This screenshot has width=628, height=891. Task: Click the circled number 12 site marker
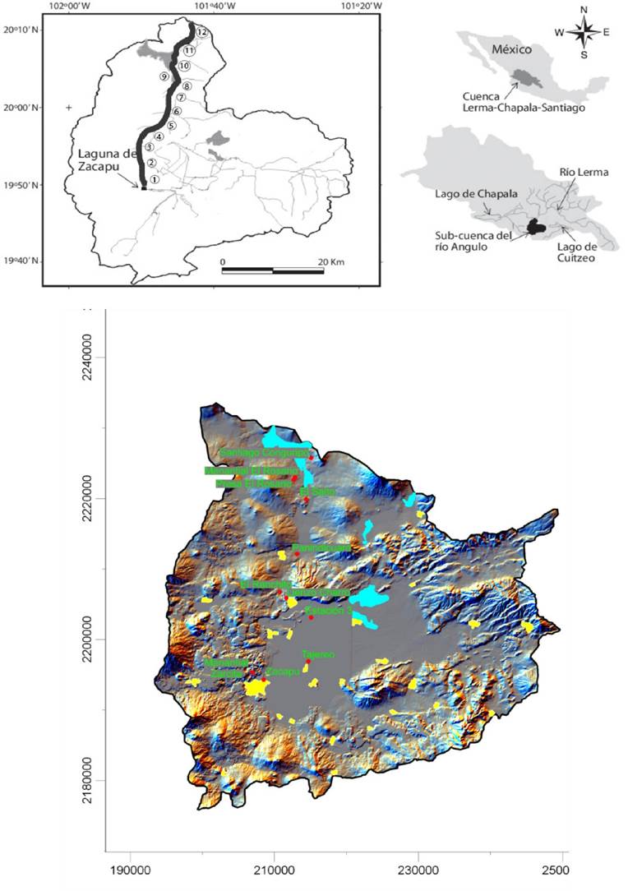tap(201, 32)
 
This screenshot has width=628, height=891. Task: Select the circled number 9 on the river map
tap(164, 76)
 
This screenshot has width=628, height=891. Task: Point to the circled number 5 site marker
tap(171, 126)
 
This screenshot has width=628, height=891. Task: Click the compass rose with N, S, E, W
tap(584, 33)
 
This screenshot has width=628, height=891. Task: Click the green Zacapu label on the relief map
tap(279, 671)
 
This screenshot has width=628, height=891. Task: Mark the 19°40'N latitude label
tap(23, 261)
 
